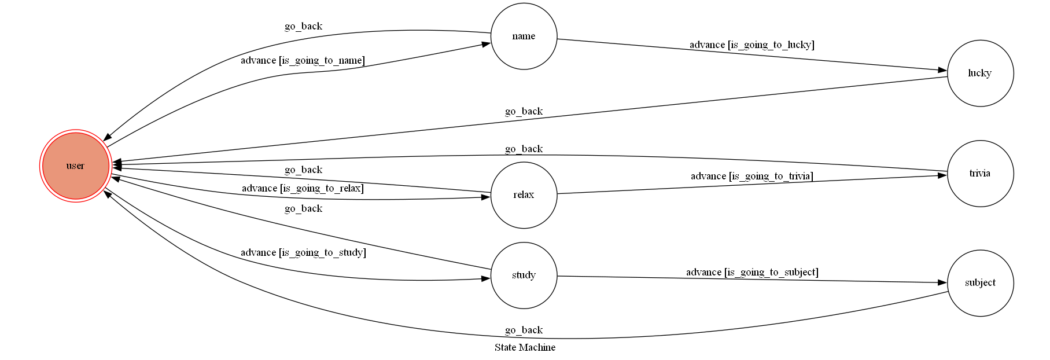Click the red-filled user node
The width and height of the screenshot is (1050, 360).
(x=75, y=166)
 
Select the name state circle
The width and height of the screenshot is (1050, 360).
(x=524, y=36)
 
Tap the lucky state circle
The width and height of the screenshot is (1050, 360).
(x=980, y=73)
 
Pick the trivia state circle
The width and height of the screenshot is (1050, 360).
(x=980, y=173)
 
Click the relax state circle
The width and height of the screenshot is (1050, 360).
(x=524, y=195)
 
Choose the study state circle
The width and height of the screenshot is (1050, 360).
(x=524, y=275)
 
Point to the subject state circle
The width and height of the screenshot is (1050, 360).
(x=980, y=283)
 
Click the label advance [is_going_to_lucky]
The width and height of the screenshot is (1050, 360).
(x=751, y=45)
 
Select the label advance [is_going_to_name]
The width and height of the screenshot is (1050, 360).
(x=303, y=60)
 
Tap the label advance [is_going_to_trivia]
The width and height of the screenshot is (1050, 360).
(x=751, y=176)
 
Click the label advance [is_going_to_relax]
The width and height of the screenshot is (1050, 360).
(x=303, y=188)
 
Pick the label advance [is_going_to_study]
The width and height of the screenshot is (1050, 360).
(x=303, y=252)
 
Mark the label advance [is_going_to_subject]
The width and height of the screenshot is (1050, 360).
(x=751, y=272)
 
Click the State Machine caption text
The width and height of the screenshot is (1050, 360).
(x=525, y=347)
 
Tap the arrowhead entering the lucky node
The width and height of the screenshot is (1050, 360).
(x=942, y=70)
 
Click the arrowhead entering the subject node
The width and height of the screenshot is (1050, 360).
(x=942, y=282)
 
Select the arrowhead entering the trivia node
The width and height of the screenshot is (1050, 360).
(x=942, y=175)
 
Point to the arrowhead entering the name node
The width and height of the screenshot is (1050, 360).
(x=485, y=44)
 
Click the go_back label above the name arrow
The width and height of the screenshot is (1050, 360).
(x=303, y=26)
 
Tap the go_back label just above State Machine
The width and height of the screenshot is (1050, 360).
(x=524, y=330)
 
